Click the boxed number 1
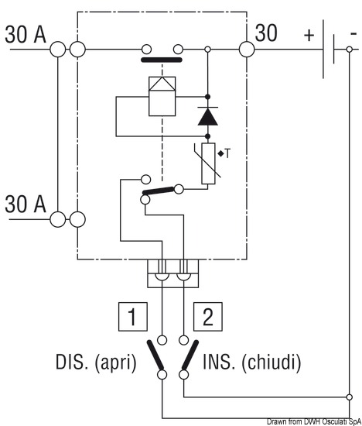tap(133, 317)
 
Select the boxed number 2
tap(208, 317)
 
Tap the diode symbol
tap(207, 116)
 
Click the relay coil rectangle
tap(162, 97)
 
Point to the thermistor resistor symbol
tap(208, 163)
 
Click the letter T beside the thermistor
tap(227, 154)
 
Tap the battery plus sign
tap(309, 35)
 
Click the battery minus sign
tap(353, 33)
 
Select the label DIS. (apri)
tap(96, 362)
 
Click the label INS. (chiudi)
tap(252, 362)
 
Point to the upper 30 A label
tap(26, 35)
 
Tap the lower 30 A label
tap(26, 204)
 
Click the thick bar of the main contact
tap(162, 60)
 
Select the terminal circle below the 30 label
tap(247, 50)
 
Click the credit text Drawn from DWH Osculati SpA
tap(314, 421)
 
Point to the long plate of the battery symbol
tap(323, 49)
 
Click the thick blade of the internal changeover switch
tap(159, 191)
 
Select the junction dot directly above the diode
tap(207, 97)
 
